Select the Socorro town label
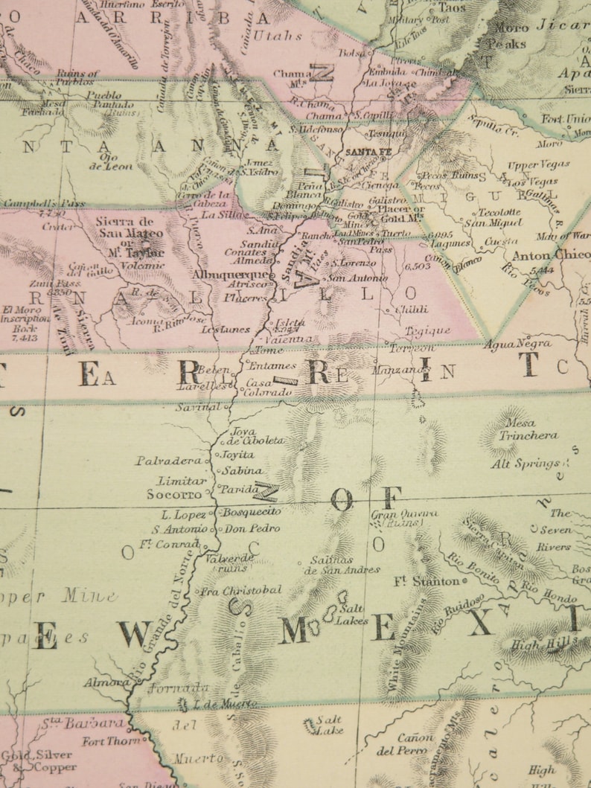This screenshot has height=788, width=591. (x=174, y=493)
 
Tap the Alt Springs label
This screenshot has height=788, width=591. (x=525, y=464)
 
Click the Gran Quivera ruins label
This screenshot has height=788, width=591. (x=404, y=517)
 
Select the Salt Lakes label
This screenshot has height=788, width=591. (x=351, y=614)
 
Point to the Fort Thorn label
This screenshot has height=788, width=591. (x=111, y=741)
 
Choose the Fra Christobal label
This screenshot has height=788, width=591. (x=241, y=590)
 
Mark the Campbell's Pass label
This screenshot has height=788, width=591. (x=43, y=202)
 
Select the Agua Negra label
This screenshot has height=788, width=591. (x=517, y=344)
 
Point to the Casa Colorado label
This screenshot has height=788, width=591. (x=268, y=388)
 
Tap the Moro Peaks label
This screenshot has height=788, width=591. (x=508, y=36)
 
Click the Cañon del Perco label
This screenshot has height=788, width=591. (x=405, y=744)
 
